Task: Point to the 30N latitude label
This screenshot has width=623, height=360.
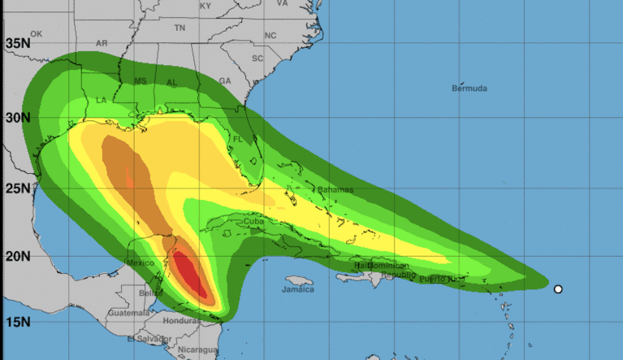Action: (x=17, y=117)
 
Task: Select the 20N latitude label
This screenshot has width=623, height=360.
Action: (x=17, y=257)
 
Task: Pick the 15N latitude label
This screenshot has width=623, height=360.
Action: (x=17, y=323)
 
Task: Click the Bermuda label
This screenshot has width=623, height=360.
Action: (x=470, y=87)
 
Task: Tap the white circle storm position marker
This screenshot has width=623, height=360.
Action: (x=558, y=289)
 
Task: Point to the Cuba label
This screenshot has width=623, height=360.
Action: (x=254, y=221)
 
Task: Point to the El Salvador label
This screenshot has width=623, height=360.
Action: (x=144, y=338)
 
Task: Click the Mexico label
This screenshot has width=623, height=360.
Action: (x=140, y=262)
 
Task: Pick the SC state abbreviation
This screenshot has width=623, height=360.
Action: (x=257, y=59)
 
